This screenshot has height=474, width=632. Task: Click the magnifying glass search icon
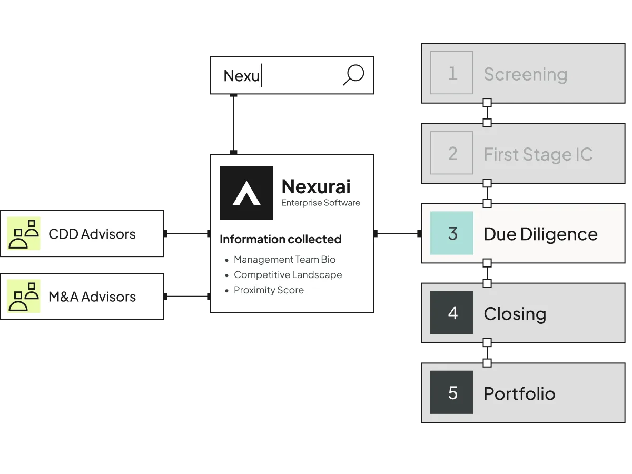pos(353,75)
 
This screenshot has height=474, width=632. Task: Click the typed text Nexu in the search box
pos(242,76)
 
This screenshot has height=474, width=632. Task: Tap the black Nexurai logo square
pos(246,193)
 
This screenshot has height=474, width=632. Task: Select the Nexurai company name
pos(316,186)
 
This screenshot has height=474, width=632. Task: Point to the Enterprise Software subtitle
pos(321,203)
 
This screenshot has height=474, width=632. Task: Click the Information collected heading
pos(280,239)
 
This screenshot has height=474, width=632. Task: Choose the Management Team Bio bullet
pos(284,260)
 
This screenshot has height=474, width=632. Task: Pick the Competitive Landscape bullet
pos(288,275)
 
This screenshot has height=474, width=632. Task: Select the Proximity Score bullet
pos(269,290)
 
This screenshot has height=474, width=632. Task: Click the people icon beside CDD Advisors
pos(24,233)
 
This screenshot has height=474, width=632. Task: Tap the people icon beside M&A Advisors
pos(24,296)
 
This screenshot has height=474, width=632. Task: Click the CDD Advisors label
pos(92,234)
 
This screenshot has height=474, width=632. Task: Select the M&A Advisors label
pos(92,297)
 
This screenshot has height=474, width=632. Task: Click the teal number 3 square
pos(451,233)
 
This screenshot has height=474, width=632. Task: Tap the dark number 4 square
pos(451,312)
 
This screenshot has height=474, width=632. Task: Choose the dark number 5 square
pos(451,392)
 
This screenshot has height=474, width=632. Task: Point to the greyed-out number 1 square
pos(451,73)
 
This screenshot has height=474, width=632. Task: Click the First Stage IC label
pos(538,154)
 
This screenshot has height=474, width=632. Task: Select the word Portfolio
pos(519,393)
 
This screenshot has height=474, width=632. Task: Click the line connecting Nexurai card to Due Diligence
pos(397,234)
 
